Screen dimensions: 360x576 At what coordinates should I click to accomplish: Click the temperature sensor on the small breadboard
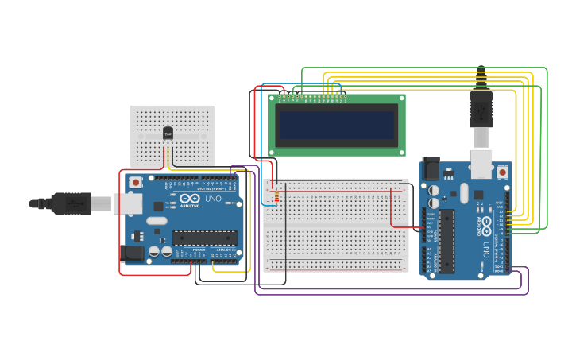point(168,134)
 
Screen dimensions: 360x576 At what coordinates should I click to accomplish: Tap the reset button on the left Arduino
point(136,182)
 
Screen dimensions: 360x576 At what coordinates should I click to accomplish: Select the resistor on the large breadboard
point(276,195)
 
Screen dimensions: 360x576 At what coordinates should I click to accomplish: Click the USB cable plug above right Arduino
point(481,107)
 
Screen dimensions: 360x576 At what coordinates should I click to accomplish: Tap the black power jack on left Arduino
point(131,254)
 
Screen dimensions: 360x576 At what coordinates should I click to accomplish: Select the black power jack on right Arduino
point(431,168)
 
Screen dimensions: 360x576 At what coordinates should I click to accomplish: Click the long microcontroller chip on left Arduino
point(205,238)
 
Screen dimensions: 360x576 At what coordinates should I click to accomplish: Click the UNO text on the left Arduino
point(214,199)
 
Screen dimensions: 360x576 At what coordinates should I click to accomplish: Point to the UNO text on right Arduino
point(485,248)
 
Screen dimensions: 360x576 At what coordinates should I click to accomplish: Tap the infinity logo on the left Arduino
point(188,199)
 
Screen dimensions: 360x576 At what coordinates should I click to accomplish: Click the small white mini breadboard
point(172,135)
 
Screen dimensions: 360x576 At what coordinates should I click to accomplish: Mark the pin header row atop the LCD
point(313,99)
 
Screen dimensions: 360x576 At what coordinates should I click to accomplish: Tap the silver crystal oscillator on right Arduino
point(464,193)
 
